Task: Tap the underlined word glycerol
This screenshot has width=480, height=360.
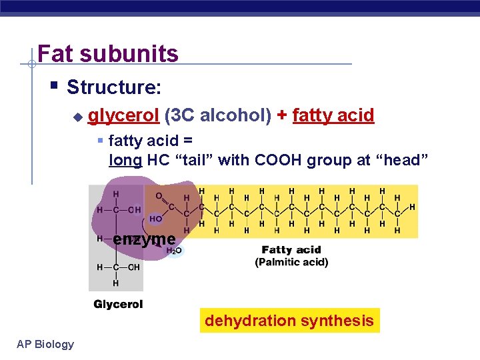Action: click(x=123, y=115)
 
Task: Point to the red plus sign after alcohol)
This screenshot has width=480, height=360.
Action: click(x=282, y=115)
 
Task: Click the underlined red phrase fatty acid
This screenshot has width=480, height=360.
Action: click(x=333, y=115)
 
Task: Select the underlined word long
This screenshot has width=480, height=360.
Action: click(x=125, y=160)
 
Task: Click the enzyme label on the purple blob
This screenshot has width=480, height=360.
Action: click(x=144, y=239)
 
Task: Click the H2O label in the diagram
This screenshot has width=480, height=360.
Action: click(x=173, y=251)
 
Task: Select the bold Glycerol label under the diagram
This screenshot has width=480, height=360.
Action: click(x=118, y=305)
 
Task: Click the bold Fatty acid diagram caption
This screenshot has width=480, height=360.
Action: click(x=291, y=250)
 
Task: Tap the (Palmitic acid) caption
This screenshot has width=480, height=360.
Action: click(x=291, y=262)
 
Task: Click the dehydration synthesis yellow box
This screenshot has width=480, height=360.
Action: click(x=289, y=321)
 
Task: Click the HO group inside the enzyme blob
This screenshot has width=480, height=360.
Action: click(x=155, y=218)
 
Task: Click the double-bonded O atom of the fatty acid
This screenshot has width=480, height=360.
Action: click(x=159, y=196)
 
